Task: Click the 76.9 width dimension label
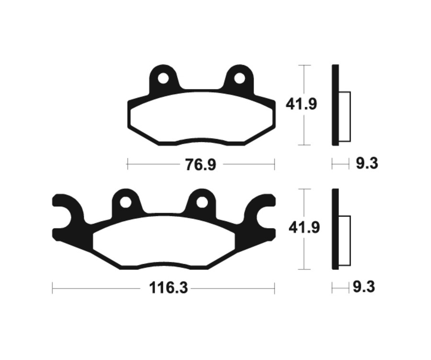click(x=200, y=165)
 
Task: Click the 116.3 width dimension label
click(x=168, y=288)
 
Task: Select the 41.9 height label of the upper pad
click(x=301, y=104)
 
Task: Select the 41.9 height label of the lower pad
click(x=304, y=227)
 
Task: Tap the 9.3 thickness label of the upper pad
click(x=367, y=164)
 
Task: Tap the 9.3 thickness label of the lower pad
click(x=364, y=287)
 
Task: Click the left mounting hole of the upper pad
click(x=163, y=78)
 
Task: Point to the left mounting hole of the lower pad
click(x=125, y=202)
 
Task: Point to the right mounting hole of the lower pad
click(x=202, y=202)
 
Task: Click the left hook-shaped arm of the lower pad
click(x=67, y=220)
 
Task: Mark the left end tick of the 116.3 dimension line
click(x=53, y=288)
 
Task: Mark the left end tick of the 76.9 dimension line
click(x=127, y=165)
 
